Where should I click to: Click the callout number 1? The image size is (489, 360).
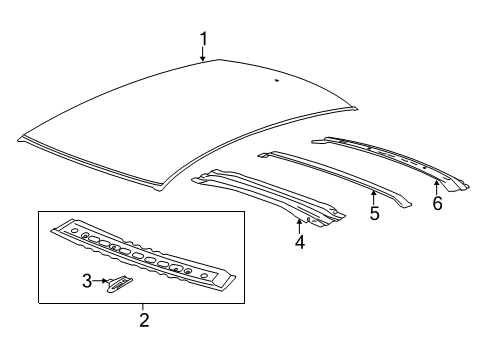(x=203, y=39)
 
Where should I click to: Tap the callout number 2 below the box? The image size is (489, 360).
(x=143, y=320)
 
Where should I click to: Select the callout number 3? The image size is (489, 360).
(x=87, y=283)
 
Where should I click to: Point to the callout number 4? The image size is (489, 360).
(x=299, y=241)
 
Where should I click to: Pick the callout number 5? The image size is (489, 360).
(x=374, y=213)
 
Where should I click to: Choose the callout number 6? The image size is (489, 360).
(x=436, y=202)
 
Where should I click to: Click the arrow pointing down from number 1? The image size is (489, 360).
(x=203, y=56)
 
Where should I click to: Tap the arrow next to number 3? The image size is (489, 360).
(x=101, y=283)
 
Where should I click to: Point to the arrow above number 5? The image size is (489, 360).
(x=373, y=194)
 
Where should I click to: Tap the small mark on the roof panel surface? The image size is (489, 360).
(x=276, y=78)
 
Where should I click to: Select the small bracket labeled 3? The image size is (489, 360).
(x=119, y=284)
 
